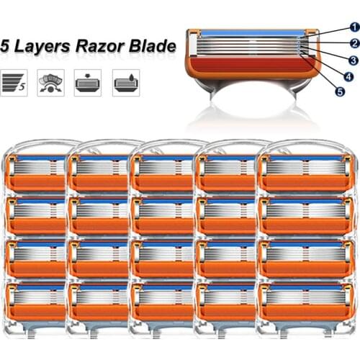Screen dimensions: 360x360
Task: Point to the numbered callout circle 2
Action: [354, 43]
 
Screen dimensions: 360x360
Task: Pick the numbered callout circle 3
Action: [354, 60]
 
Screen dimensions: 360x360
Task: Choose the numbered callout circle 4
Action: [348, 76]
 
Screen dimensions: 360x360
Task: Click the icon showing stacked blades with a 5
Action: [15, 83]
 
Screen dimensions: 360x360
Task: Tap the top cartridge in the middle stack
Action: [163, 173]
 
